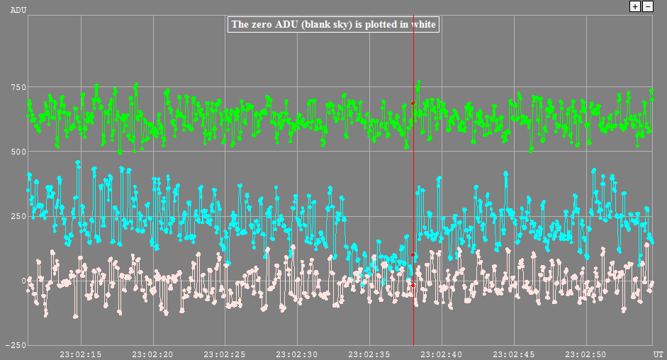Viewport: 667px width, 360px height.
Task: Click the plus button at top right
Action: pyautogui.click(x=635, y=6)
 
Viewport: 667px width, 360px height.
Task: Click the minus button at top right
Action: pyautogui.click(x=647, y=6)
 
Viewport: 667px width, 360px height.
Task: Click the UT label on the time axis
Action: pyautogui.click(x=658, y=354)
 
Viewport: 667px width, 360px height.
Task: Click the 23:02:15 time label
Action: pyautogui.click(x=81, y=354)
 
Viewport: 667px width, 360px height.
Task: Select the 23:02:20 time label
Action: pyautogui.click(x=153, y=354)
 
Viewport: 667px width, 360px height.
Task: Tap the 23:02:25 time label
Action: pyautogui.click(x=225, y=354)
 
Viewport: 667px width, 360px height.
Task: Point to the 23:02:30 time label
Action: pyautogui.click(x=297, y=354)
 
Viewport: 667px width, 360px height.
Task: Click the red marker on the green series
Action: pyautogui.click(x=413, y=103)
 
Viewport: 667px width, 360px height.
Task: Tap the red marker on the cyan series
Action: pyautogui.click(x=413, y=254)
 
